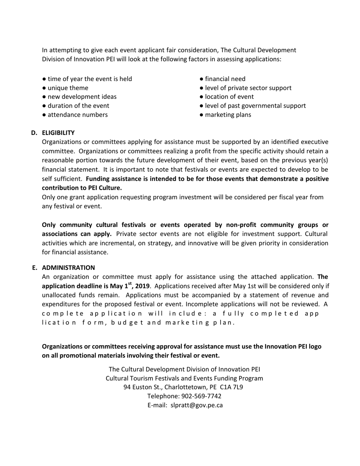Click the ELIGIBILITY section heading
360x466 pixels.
(x=58, y=133)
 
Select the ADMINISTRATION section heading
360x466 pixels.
(x=68, y=267)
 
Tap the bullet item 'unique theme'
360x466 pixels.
(x=68, y=88)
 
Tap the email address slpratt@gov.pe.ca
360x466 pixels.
(x=196, y=405)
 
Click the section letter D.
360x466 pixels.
(x=34, y=133)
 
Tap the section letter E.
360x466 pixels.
(x=34, y=267)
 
